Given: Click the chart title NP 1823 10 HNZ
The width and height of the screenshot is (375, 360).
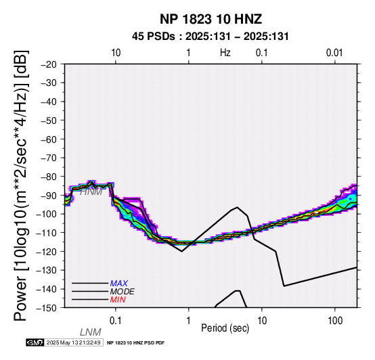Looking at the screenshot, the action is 211,19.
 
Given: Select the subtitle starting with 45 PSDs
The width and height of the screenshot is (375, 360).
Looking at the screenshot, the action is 211,37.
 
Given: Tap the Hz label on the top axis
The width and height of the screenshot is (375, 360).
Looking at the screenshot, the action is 225,53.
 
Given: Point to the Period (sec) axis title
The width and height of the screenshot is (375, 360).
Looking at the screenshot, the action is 225,328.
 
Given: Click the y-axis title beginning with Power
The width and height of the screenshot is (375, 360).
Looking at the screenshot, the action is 21,185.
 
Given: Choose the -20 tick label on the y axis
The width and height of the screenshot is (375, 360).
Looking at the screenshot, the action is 49,64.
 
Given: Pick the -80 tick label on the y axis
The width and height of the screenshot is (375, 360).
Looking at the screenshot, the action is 49,177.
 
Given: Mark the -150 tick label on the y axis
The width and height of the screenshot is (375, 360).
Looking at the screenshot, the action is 47,308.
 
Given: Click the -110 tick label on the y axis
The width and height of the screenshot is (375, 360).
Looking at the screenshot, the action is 47,233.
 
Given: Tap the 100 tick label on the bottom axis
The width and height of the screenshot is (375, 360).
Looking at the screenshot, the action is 335,321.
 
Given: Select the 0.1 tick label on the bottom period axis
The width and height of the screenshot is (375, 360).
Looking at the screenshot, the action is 116,321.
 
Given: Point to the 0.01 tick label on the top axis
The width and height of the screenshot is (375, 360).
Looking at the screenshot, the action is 334,53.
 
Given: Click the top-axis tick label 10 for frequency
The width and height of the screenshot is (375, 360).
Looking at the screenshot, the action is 116,53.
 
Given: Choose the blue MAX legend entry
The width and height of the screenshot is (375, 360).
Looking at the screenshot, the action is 119,284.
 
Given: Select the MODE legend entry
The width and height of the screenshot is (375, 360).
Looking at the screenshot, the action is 123,292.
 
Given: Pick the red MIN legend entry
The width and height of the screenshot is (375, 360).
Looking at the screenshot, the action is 118,300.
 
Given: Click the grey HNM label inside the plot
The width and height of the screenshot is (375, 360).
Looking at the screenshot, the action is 91,192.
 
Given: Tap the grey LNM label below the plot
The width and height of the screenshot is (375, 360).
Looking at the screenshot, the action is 91,332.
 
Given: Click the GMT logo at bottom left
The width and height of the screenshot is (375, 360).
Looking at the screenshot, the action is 35,342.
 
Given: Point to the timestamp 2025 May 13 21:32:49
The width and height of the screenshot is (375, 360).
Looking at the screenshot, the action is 74,342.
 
